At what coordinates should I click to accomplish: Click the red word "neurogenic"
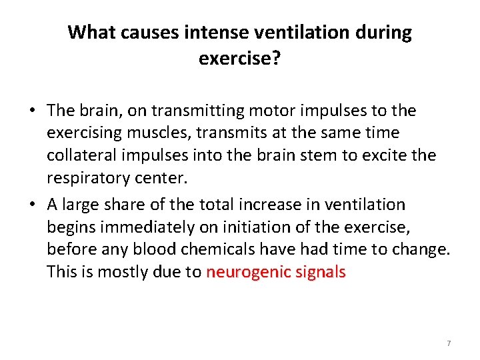[243, 272]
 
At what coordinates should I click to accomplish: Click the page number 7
[449, 343]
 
